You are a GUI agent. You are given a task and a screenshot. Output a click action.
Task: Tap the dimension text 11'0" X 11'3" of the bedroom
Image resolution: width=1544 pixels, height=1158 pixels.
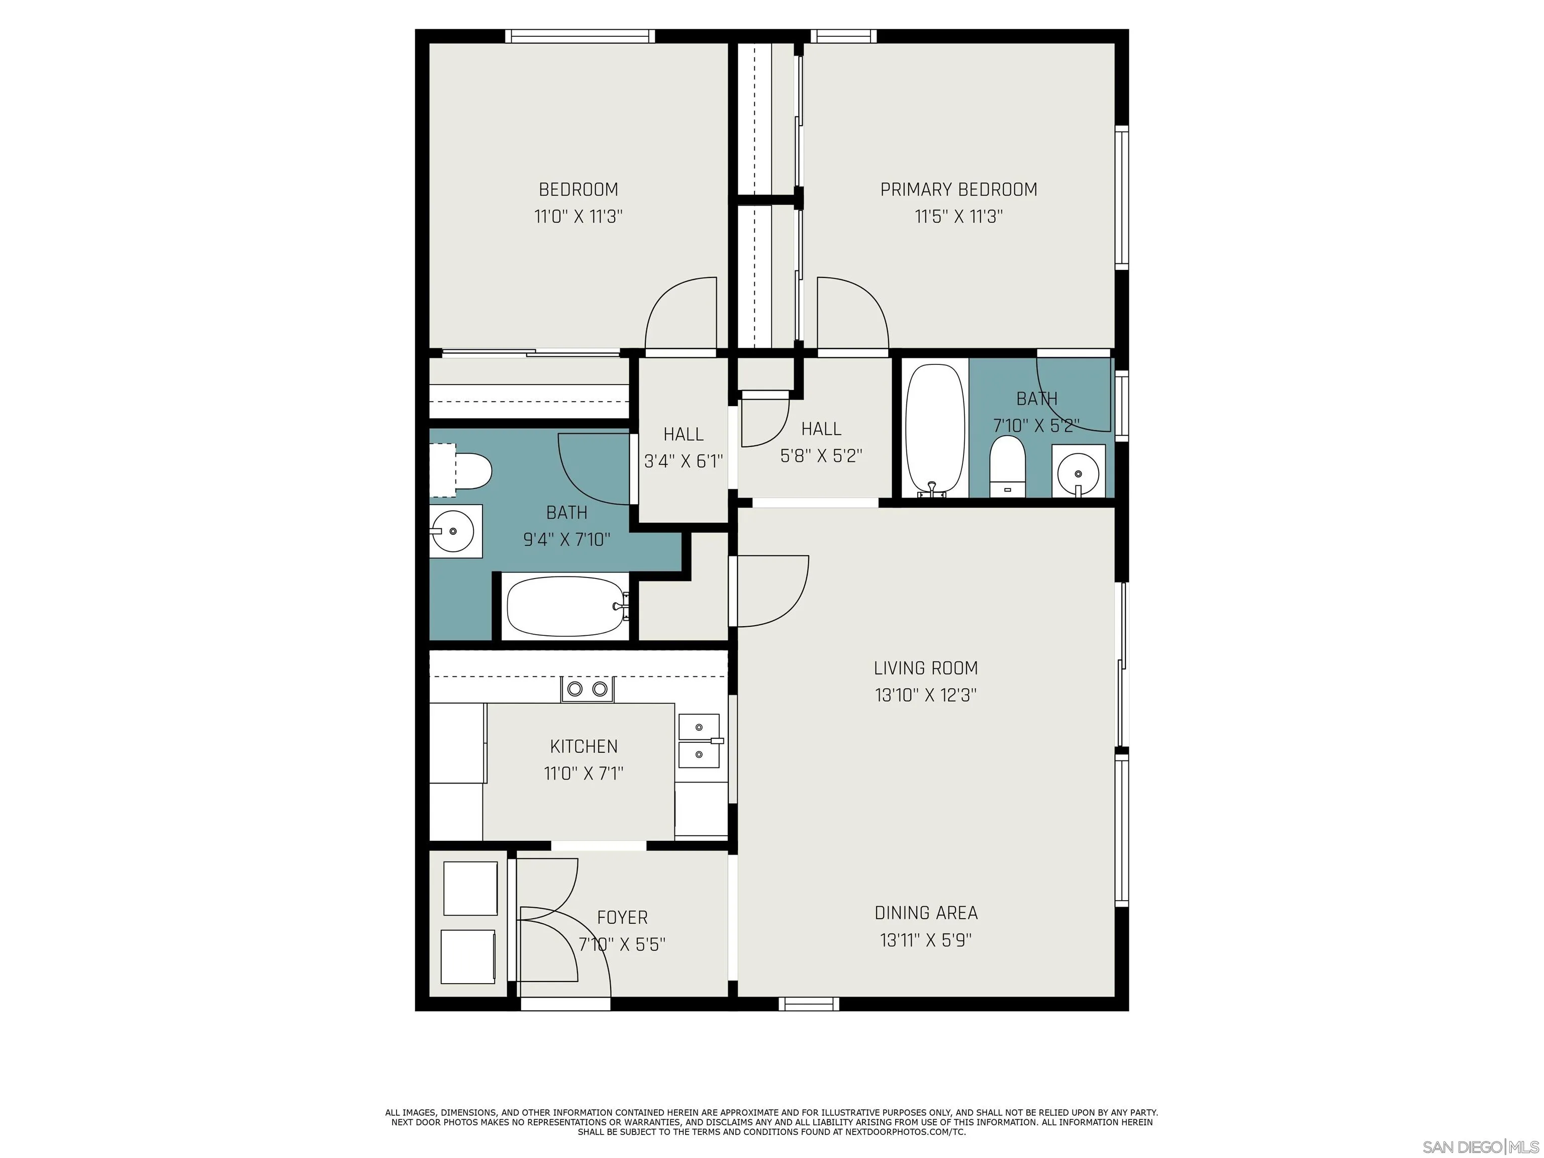(x=578, y=217)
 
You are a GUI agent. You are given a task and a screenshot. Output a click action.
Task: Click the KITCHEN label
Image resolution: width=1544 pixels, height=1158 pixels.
(x=584, y=746)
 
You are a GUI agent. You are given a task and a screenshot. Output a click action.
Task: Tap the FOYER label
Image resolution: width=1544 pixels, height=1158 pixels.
(x=622, y=917)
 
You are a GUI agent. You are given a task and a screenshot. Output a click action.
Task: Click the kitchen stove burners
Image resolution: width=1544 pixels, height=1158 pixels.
(x=587, y=690)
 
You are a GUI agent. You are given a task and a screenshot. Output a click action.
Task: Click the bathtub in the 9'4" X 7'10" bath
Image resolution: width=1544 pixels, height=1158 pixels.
(x=565, y=606)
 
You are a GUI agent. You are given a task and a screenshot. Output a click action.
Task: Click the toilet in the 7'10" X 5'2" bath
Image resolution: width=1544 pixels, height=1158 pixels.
(x=1007, y=462)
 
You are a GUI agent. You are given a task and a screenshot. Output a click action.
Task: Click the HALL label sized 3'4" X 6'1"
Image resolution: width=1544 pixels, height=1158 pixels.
(x=683, y=434)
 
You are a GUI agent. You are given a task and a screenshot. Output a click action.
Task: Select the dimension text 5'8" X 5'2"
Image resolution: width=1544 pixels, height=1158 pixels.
(x=821, y=456)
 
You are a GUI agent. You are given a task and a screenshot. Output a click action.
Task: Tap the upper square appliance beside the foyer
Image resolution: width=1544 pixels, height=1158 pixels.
(x=470, y=888)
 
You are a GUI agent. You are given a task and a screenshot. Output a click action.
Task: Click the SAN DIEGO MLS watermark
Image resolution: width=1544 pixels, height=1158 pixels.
(x=1480, y=1147)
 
